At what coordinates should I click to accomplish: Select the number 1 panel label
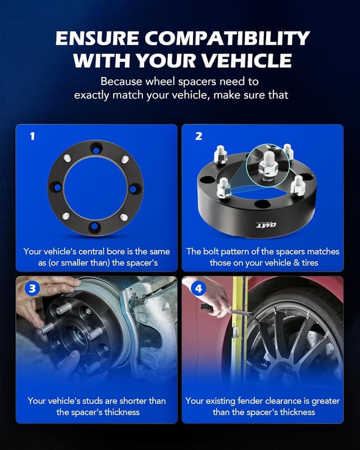[32, 136]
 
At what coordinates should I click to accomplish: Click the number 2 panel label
[198, 136]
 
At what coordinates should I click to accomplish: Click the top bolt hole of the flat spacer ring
[96, 148]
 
